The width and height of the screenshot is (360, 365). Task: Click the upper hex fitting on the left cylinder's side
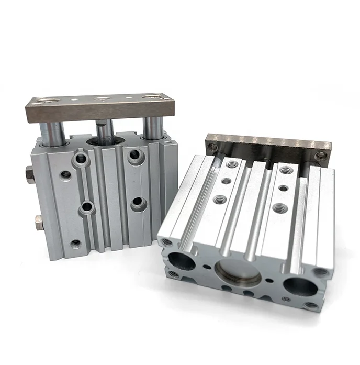[x=30, y=175]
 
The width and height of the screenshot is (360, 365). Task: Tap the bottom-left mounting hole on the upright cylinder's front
[x=76, y=243]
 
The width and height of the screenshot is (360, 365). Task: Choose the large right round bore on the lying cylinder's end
[x=299, y=287]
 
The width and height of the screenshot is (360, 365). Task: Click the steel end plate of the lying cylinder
[x=267, y=146]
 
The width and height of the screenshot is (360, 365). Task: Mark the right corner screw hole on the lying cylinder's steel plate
[x=321, y=155]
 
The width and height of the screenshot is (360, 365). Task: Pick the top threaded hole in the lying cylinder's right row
[x=286, y=171]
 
